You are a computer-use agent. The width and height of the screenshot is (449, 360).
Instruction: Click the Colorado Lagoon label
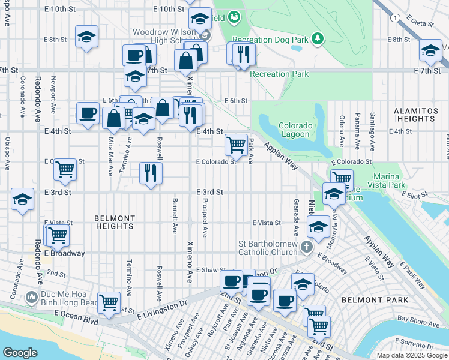295,130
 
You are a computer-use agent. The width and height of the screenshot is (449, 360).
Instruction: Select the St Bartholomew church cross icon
307,247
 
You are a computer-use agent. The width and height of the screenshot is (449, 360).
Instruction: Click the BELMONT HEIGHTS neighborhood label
115,222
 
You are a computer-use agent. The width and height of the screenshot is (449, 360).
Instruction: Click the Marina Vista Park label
397,181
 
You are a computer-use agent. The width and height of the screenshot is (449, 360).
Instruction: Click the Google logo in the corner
20,353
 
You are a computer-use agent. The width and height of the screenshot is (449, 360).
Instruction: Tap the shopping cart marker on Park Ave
236,145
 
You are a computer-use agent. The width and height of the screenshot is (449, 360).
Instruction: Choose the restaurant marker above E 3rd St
151,173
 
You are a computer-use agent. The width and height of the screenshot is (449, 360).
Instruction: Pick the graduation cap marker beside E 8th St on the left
87,37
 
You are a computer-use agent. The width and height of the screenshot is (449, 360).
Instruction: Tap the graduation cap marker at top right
430,52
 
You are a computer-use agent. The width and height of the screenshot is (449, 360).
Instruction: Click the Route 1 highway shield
394,19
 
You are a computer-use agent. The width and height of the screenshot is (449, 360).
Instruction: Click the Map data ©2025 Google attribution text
411,355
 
